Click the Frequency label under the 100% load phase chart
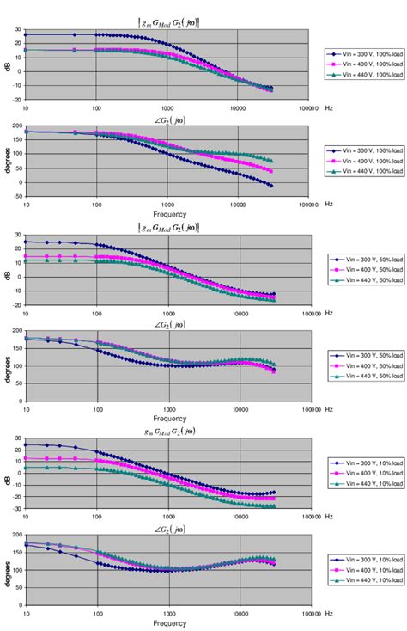click(168, 213)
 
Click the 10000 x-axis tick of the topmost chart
click(238, 107)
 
